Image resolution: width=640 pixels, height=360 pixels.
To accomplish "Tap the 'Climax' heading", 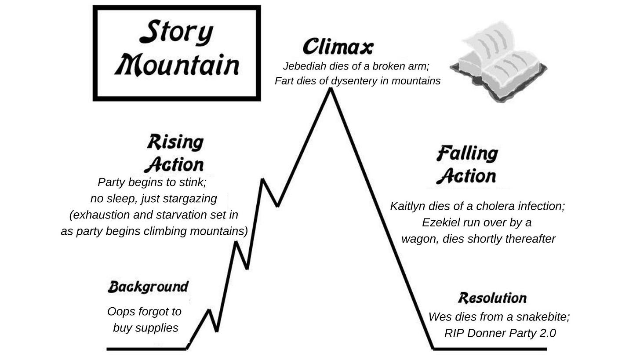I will [x=338, y=47].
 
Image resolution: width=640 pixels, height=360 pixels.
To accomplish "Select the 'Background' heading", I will [x=148, y=287].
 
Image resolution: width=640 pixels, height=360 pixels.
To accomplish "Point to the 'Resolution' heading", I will [x=492, y=298].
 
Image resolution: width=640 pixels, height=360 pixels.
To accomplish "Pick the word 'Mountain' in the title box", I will [x=177, y=65].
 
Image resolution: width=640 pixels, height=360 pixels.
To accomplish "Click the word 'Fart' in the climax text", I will [x=284, y=81].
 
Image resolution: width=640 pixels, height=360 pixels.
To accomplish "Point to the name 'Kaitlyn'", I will [x=407, y=206].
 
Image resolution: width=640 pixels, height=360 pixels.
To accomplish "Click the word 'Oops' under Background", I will [x=120, y=312].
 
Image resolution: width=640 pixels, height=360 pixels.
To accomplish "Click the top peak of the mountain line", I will [x=330, y=89].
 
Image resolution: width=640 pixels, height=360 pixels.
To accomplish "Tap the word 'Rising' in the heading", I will [x=175, y=142].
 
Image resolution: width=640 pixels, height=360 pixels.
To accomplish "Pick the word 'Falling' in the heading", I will [x=467, y=154].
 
